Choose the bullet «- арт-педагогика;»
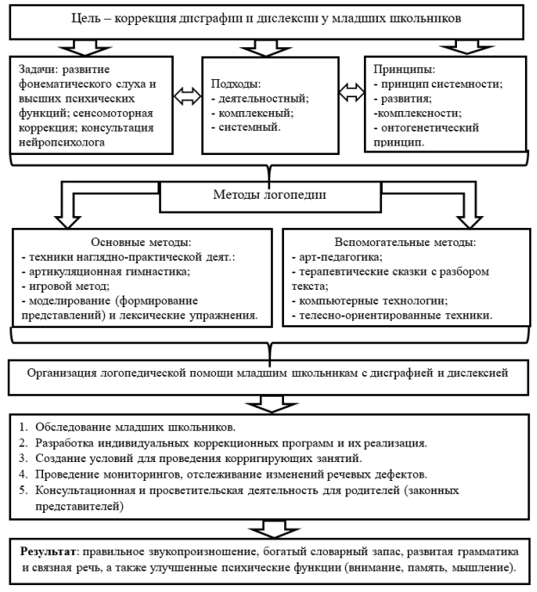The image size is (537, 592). coord(336,258)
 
